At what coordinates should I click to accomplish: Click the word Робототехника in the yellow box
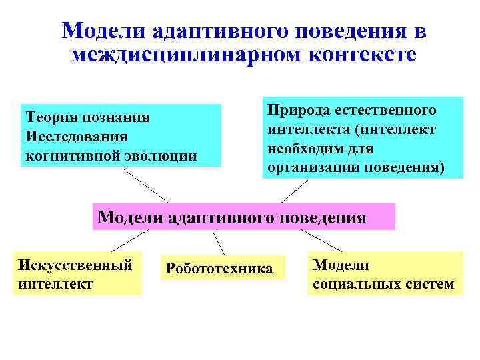pos(219,269)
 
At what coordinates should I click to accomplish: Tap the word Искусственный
pos(73,265)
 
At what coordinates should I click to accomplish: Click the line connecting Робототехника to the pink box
pos(219,244)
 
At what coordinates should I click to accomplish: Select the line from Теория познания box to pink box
pos(145,185)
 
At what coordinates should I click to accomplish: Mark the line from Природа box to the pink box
pos(294,191)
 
